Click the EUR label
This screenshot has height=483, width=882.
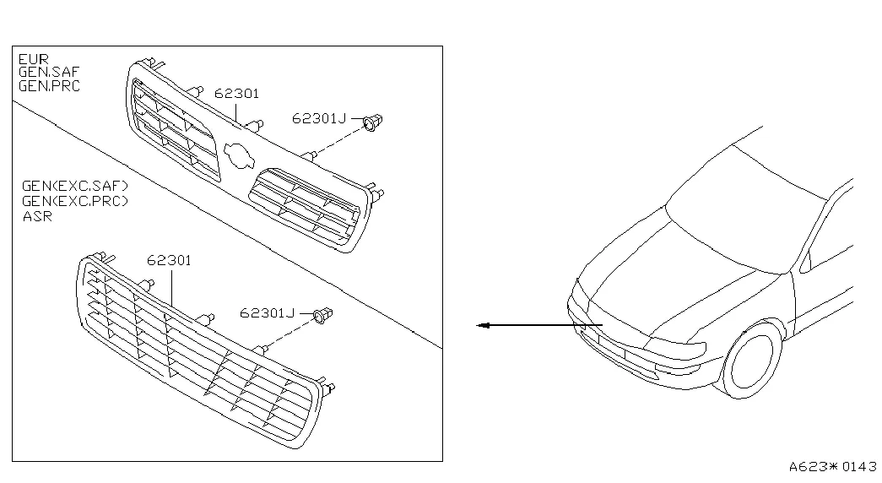34,58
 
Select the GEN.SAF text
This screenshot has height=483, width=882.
49,72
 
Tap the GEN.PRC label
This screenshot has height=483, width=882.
50,86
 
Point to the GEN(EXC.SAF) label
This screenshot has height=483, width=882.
75,186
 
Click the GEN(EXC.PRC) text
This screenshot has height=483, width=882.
75,201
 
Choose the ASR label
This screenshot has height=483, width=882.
37,216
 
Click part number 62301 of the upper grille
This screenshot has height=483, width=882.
237,94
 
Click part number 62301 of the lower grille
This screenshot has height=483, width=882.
169,260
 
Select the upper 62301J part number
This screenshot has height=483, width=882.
319,118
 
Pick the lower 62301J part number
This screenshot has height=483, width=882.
268,313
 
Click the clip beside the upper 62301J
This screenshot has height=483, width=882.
372,122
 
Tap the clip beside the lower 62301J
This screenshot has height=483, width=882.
322,315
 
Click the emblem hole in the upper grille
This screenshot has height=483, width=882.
240,155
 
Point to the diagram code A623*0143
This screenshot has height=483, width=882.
832,467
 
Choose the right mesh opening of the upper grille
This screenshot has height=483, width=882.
305,204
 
